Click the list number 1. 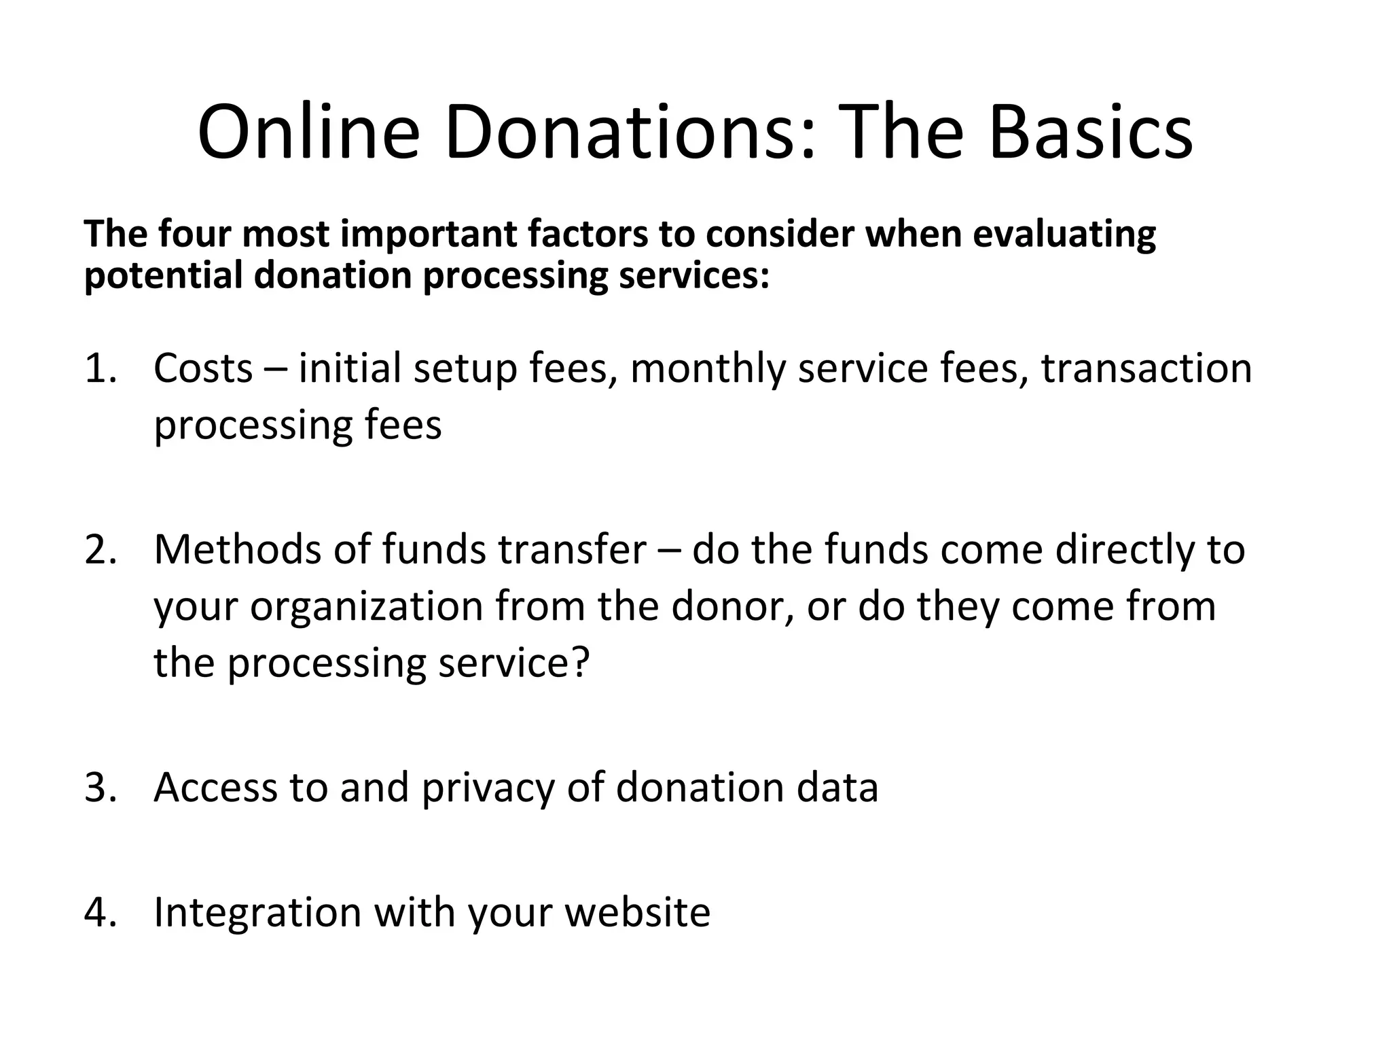(x=101, y=368)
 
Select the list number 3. (x=101, y=787)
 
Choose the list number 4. (x=101, y=911)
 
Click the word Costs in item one (x=203, y=368)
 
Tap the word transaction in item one (x=1146, y=368)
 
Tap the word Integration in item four (x=257, y=913)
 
